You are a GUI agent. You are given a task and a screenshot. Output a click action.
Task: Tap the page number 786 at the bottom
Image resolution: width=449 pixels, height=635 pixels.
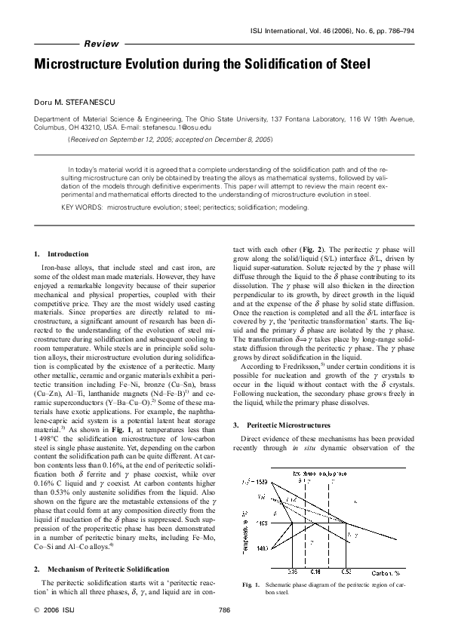tap(224, 610)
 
